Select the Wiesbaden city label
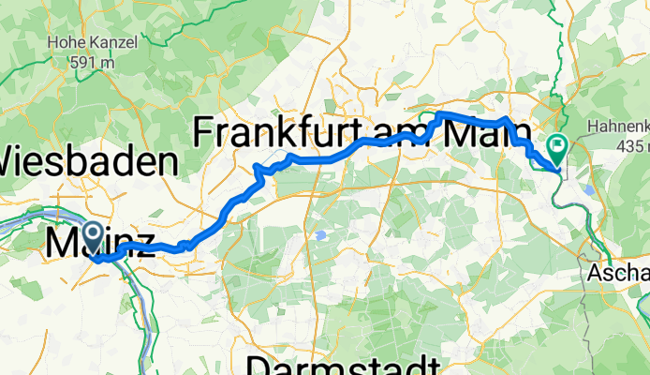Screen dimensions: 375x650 [89, 160]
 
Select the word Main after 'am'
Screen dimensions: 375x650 [481, 132]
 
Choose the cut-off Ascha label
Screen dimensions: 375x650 [619, 273]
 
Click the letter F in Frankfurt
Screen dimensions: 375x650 [204, 132]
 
